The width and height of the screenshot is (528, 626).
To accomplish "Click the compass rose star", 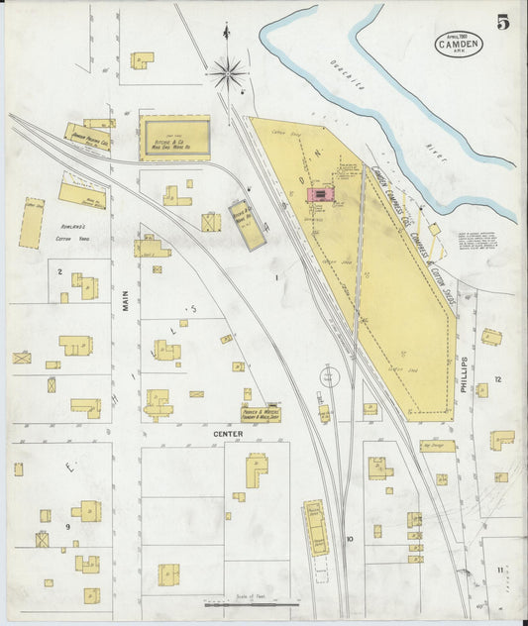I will click(228, 70).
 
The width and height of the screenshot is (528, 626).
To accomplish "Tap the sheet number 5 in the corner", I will click(503, 23).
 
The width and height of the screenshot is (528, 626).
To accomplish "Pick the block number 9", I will click(68, 527).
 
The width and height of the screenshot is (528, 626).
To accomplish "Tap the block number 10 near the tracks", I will click(349, 540).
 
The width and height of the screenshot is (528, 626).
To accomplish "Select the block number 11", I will click(501, 569).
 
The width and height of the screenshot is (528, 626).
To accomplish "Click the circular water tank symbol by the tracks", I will click(329, 376).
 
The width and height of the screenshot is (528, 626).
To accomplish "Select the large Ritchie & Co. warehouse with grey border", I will click(174, 138).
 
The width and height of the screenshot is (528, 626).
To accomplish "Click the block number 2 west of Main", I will click(59, 270).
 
